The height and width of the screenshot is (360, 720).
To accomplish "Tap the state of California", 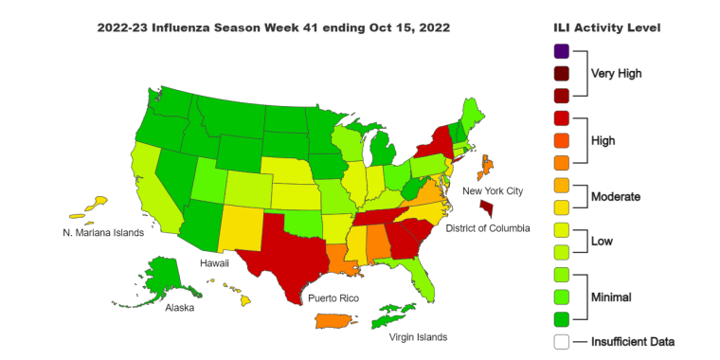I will pyautogui.click(x=151, y=194).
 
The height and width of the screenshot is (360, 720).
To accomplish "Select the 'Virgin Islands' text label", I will pyautogui.click(x=417, y=336).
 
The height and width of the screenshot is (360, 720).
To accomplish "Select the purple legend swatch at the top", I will pyautogui.click(x=562, y=51).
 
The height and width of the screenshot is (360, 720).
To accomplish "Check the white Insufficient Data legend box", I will pyautogui.click(x=562, y=341).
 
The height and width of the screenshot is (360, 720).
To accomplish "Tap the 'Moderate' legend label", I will pyautogui.click(x=615, y=197).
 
